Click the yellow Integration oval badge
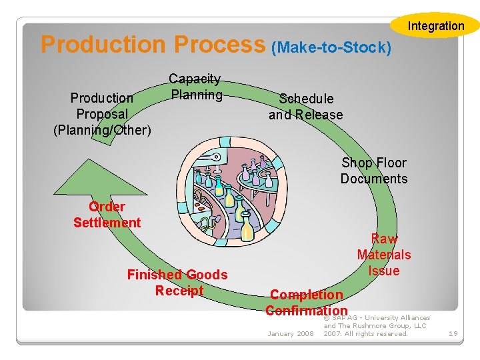click(x=436, y=26)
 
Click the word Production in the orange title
click(x=103, y=45)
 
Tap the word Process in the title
click(x=219, y=45)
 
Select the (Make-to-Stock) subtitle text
click(x=331, y=47)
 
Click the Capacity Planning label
click(x=195, y=87)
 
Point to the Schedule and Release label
click(x=305, y=107)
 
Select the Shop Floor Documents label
click(x=373, y=171)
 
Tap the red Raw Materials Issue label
click(x=384, y=255)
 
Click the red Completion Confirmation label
click(x=306, y=303)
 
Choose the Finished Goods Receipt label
click(x=177, y=282)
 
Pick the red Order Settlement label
click(x=107, y=215)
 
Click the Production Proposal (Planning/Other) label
click(x=102, y=113)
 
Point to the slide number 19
click(x=453, y=333)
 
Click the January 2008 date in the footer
click(x=290, y=333)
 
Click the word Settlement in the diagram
click(x=107, y=223)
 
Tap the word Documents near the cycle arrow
click(x=373, y=179)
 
